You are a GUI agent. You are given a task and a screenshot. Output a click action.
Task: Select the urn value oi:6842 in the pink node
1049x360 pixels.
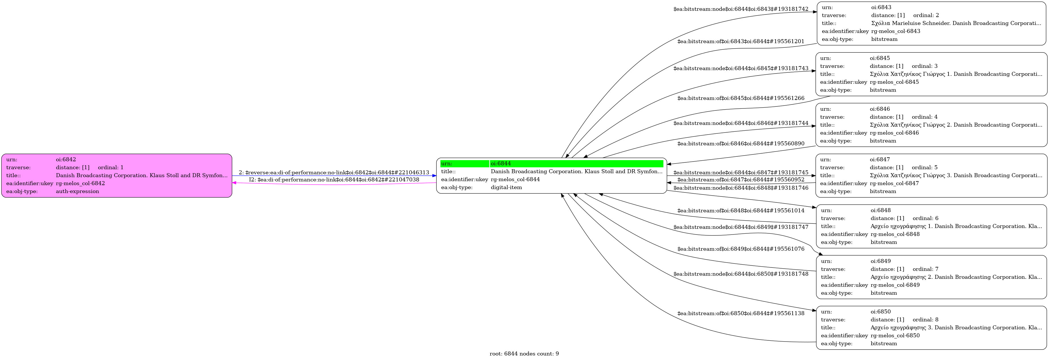pyautogui.click(x=66, y=160)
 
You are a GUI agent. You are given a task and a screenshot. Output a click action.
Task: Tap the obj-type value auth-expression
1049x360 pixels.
pyautogui.click(x=78, y=191)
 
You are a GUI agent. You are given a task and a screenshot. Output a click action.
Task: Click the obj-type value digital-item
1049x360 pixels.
pyautogui.click(x=506, y=187)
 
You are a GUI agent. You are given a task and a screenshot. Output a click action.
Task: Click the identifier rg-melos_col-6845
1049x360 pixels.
pyautogui.click(x=894, y=82)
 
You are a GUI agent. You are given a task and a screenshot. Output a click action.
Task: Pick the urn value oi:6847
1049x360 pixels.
pyautogui.click(x=880, y=160)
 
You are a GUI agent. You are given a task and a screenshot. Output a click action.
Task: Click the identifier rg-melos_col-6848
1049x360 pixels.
pyautogui.click(x=895, y=234)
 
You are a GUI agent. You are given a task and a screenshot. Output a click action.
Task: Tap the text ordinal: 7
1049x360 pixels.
pyautogui.click(x=925, y=269)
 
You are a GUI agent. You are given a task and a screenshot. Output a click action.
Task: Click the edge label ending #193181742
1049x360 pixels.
pyautogui.click(x=741, y=9)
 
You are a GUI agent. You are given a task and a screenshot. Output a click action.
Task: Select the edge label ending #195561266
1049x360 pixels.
pyautogui.click(x=741, y=98)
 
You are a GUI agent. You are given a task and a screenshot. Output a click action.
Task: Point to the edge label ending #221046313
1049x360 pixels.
pyautogui.click(x=334, y=173)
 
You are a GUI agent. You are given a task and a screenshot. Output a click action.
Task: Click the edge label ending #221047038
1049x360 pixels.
pyautogui.click(x=334, y=180)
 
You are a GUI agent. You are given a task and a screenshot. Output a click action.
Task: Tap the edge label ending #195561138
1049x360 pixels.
pyautogui.click(x=741, y=313)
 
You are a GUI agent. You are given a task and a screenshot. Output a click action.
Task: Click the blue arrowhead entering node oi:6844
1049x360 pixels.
pyautogui.click(x=434, y=175)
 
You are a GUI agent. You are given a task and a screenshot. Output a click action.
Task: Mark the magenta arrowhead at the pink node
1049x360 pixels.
pyautogui.click(x=234, y=183)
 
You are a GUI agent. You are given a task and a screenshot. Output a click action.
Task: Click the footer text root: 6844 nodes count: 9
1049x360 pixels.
pyautogui.click(x=524, y=354)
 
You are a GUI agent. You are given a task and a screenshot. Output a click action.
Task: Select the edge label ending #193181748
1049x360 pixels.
pyautogui.click(x=741, y=274)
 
